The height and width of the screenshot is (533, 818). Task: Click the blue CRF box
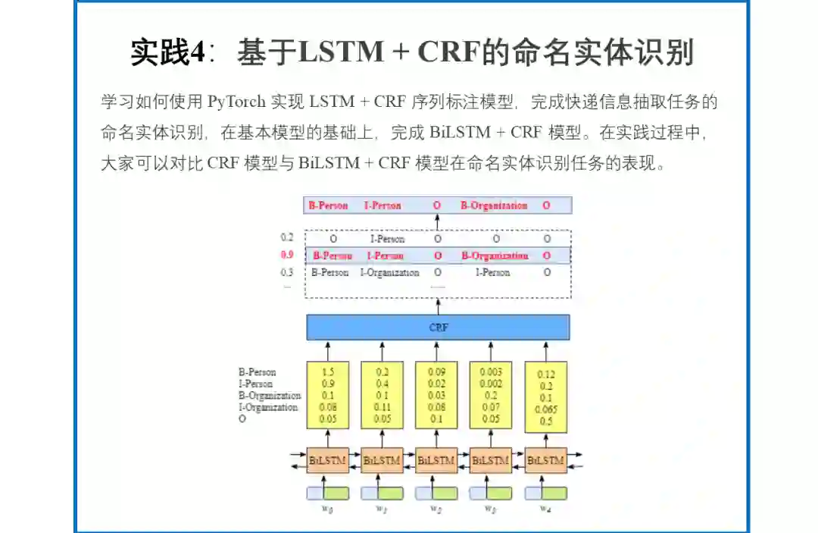pos(438,328)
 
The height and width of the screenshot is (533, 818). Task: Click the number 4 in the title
pos(196,52)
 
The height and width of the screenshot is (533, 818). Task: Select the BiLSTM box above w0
pos(328,460)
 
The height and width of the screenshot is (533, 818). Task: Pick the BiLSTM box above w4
pos(545,460)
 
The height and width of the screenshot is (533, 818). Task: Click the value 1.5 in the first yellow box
pos(328,372)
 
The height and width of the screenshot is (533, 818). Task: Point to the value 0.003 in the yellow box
pos(491,372)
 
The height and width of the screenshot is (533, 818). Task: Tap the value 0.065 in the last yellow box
pos(545,410)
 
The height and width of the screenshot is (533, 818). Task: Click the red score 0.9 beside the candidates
pos(287,256)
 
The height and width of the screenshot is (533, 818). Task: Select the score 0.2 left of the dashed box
pos(287,238)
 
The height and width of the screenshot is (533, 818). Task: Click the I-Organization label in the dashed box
pos(389,273)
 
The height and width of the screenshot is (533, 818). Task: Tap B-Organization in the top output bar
pos(494,205)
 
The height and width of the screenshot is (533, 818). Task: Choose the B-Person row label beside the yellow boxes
pos(258,372)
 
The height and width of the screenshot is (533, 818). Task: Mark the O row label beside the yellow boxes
pos(242,419)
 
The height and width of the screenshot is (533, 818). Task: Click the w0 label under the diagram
pos(328,509)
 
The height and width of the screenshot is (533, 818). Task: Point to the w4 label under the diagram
pos(545,509)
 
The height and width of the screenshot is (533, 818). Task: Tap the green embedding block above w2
pos(446,493)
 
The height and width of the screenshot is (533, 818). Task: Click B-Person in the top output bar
pos(328,205)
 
